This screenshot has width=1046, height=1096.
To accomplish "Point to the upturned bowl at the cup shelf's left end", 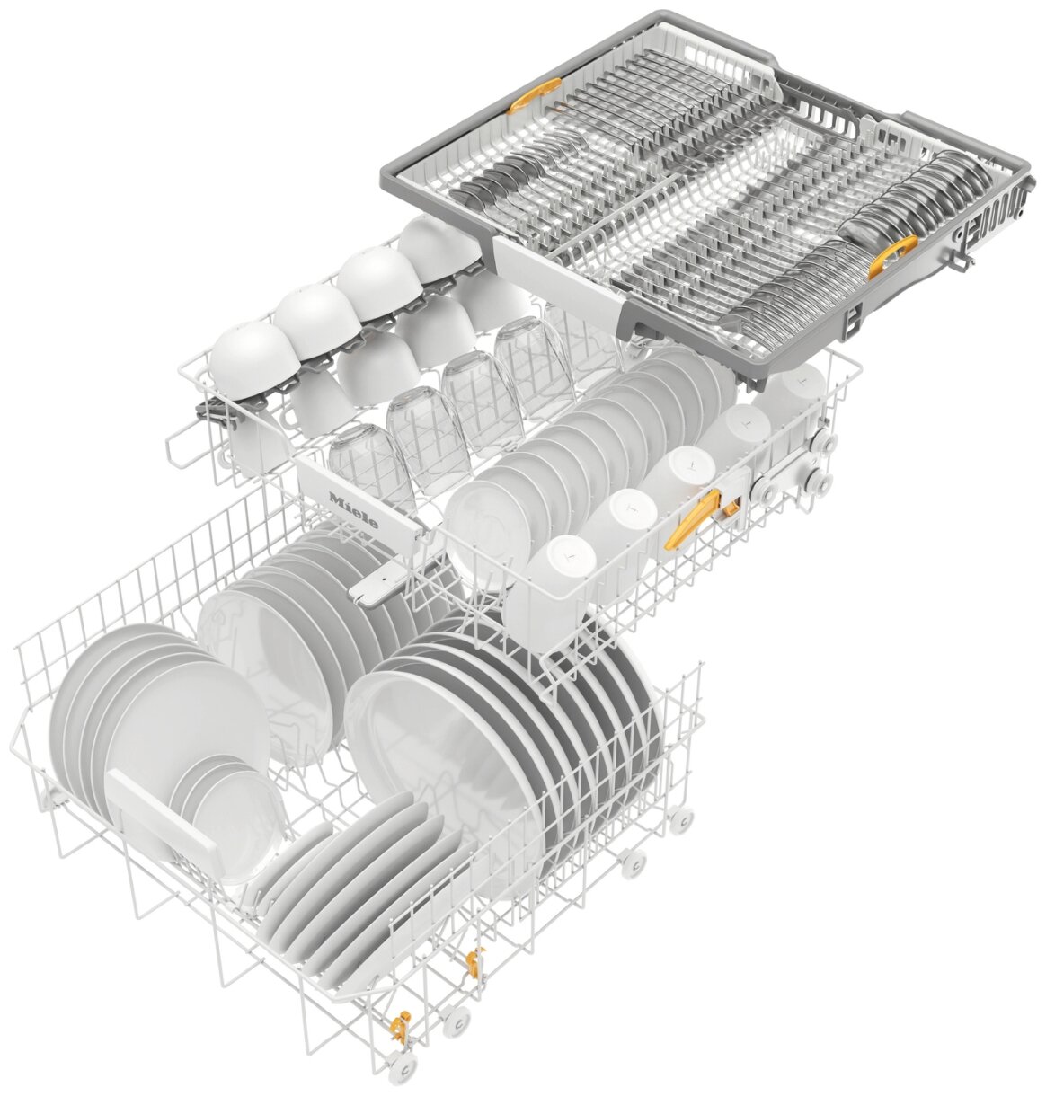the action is pos(253,358).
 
